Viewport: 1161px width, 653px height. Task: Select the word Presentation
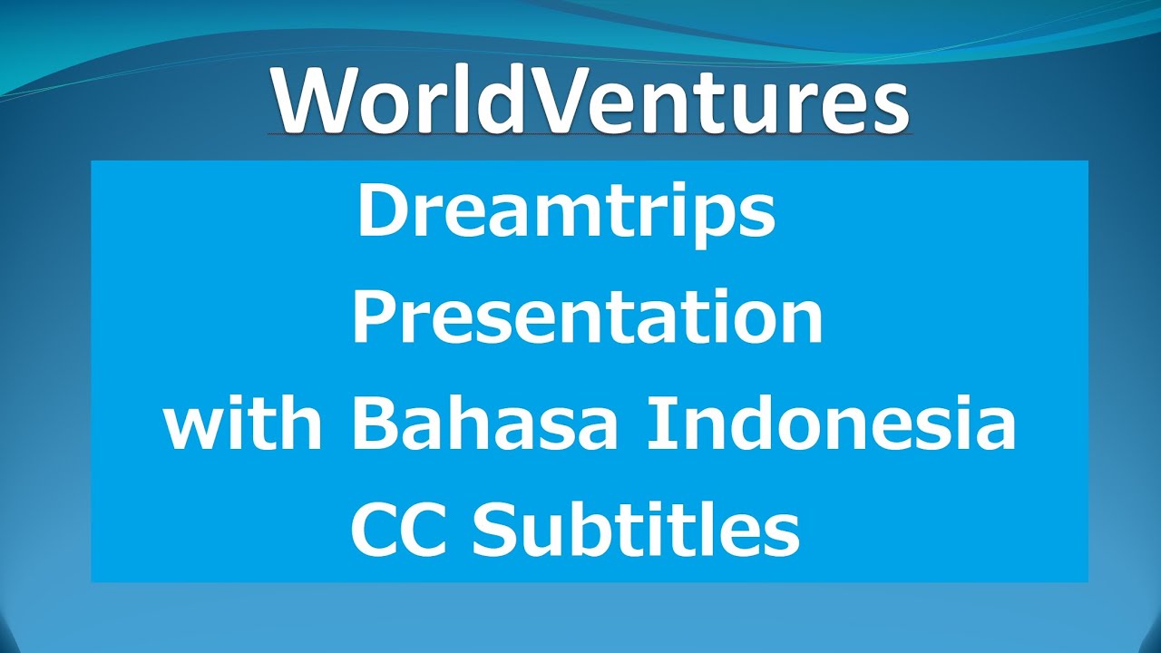587,319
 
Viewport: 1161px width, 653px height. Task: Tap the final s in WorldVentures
889,107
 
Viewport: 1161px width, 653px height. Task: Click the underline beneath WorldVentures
590,136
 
